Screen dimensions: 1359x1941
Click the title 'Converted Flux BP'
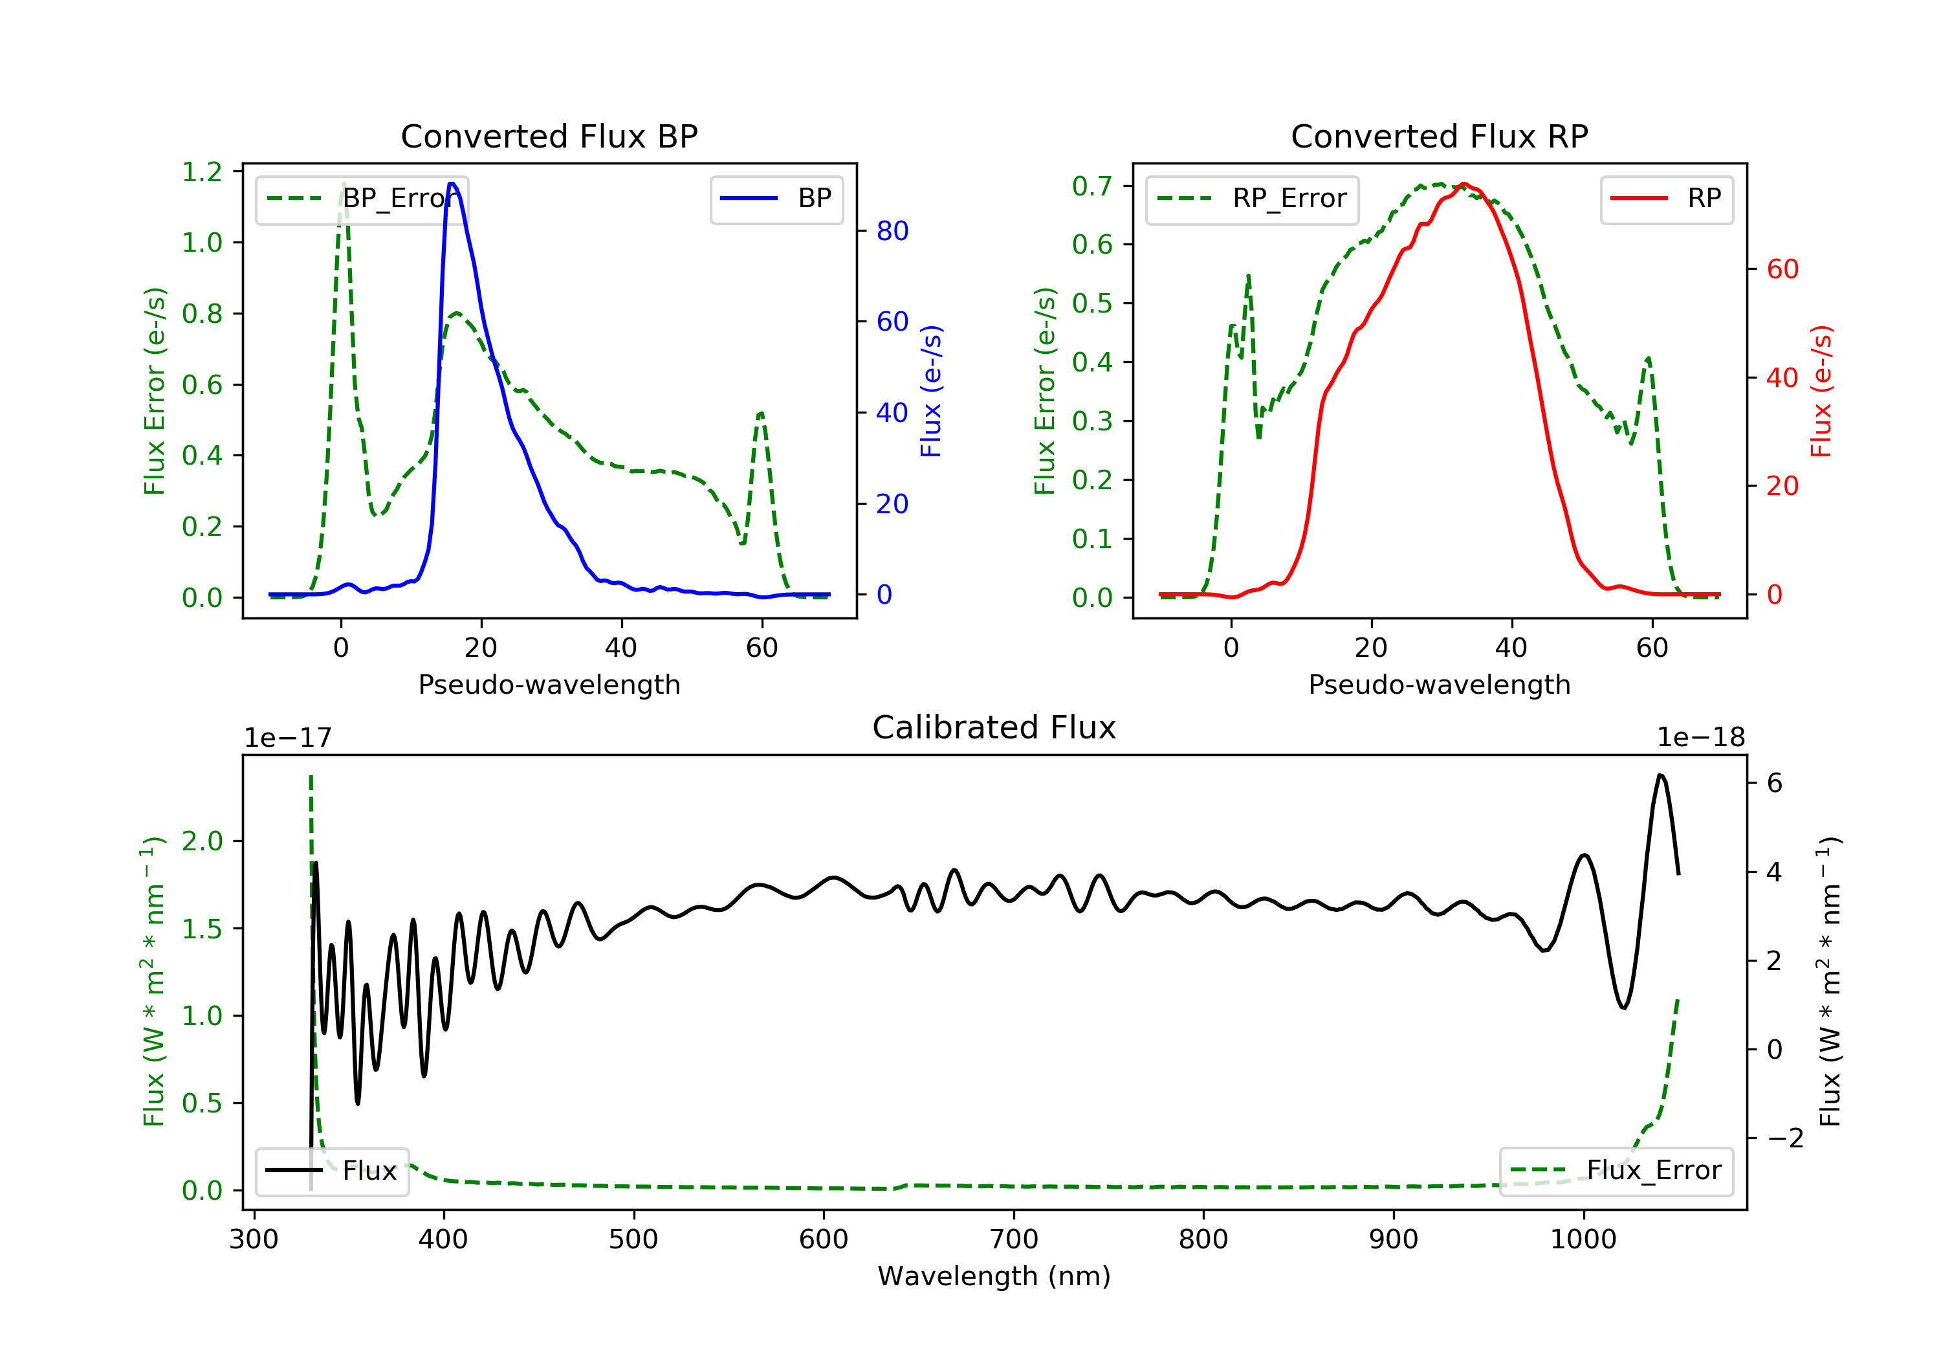click(x=549, y=136)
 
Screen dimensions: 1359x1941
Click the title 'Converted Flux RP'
click(x=1439, y=136)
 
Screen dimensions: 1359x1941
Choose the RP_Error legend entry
click(x=1252, y=199)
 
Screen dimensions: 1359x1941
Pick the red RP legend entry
click(x=1666, y=199)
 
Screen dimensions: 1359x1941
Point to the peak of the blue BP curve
click(x=452, y=184)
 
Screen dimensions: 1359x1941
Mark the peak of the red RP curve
click(x=1464, y=184)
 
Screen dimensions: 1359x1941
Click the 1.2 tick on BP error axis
click(x=202, y=173)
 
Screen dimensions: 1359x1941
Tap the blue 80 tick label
click(x=892, y=231)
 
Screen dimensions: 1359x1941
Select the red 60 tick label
click(x=1782, y=270)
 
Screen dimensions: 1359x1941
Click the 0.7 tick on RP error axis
click(x=1092, y=186)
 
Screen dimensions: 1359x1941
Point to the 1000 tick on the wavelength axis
click(x=1583, y=1240)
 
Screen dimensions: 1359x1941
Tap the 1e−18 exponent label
click(x=1700, y=738)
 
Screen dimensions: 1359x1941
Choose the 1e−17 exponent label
click(x=287, y=738)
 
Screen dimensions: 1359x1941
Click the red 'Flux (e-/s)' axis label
click(x=1820, y=391)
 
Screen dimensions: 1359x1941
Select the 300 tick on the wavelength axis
click(x=254, y=1240)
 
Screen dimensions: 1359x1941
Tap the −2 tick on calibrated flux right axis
click(x=1784, y=1138)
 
